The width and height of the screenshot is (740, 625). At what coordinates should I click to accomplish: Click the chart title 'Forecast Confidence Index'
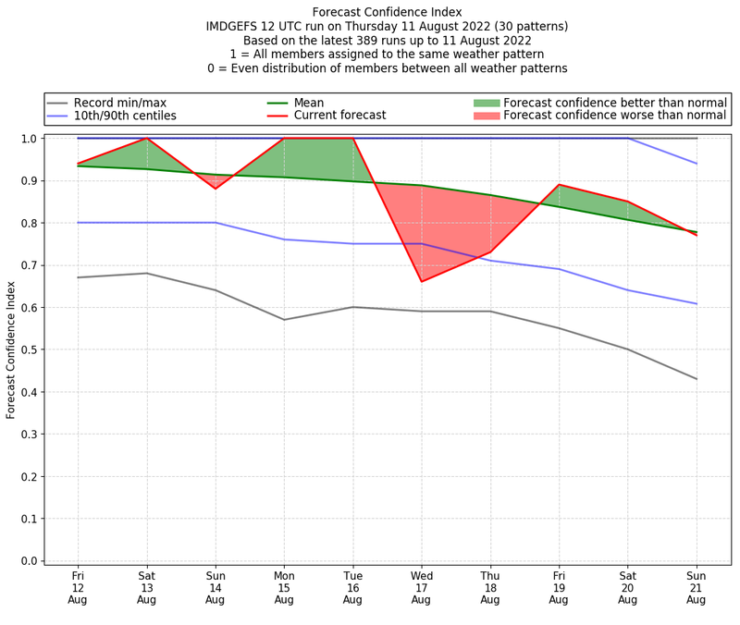pos(387,12)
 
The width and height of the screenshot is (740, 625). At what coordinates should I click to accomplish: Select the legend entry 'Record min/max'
pos(119,103)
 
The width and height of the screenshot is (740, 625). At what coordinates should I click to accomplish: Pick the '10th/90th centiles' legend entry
pos(125,116)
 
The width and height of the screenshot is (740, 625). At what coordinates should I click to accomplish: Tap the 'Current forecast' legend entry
pos(339,116)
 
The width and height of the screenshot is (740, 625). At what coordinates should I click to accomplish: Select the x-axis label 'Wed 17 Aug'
pos(421,588)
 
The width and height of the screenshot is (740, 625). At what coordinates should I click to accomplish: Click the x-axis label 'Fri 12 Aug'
pos(78,588)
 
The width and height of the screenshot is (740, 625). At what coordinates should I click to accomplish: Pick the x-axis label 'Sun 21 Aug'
pos(696,588)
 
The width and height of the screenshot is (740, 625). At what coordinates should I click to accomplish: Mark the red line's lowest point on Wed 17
pos(422,281)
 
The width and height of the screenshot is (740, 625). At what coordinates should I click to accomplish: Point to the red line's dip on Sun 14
pos(216,189)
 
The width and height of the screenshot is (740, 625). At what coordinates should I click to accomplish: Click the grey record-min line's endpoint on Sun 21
pos(696,379)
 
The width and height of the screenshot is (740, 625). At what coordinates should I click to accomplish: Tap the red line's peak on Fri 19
pos(559,185)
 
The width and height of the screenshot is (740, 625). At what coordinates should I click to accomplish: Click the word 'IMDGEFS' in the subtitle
pos(236,27)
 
